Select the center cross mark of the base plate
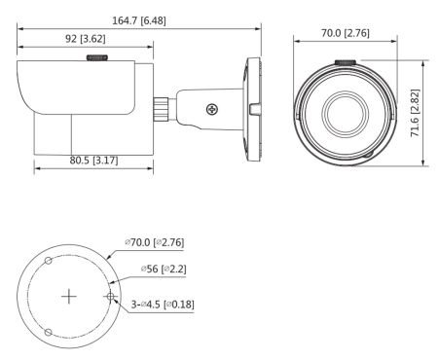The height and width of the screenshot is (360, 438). click(69, 296)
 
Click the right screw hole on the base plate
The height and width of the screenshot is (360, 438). click(112, 296)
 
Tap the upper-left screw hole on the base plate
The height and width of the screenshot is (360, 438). click(48, 260)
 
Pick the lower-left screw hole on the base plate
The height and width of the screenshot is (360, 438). click(48, 333)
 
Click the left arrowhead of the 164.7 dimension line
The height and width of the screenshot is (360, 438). click(20, 27)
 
